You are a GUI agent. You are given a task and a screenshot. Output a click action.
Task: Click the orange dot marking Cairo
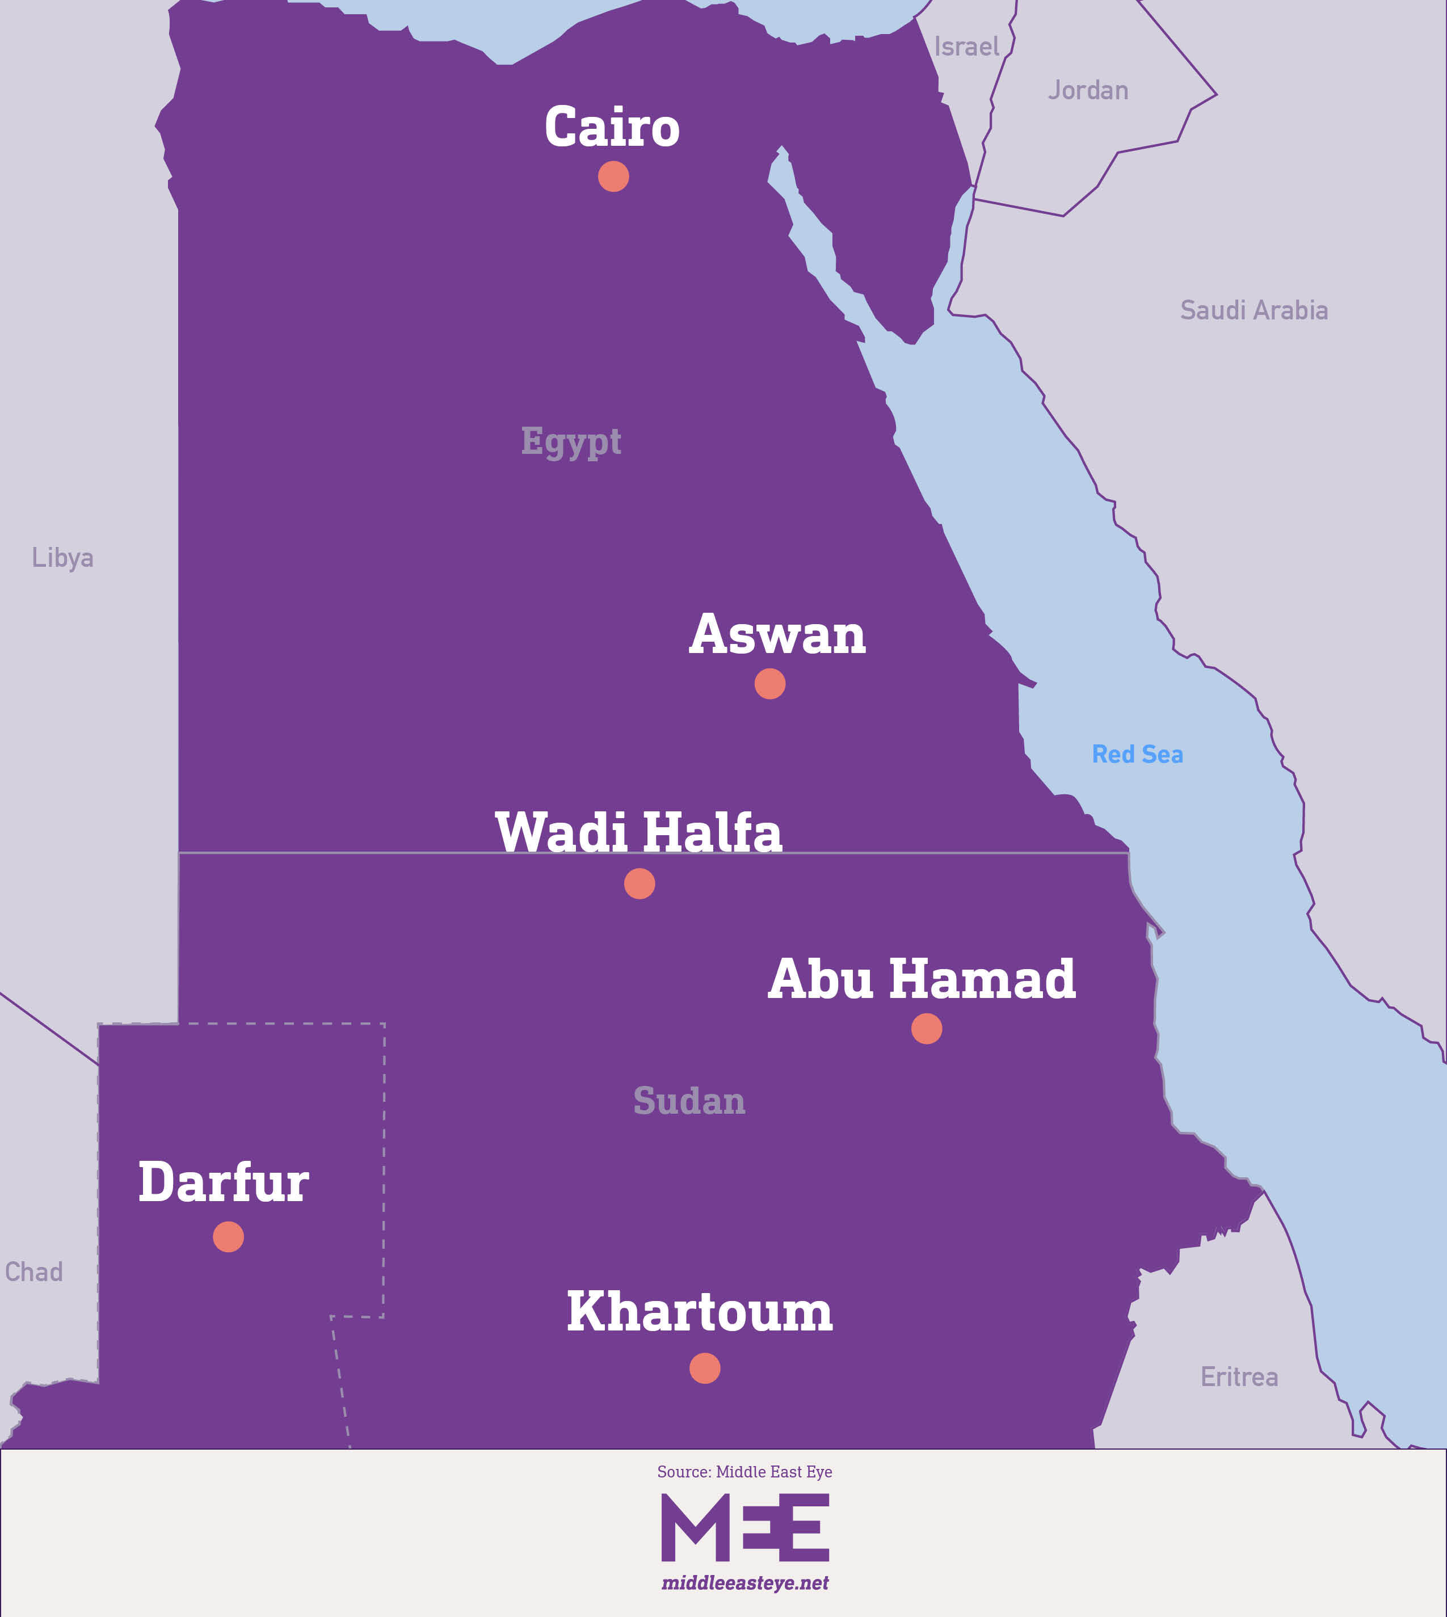point(613,176)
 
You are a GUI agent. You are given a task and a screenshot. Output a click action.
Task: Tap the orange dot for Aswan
point(769,684)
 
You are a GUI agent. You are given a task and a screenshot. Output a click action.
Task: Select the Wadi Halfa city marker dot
point(639,883)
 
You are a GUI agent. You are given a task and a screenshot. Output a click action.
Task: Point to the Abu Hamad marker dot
point(926,1029)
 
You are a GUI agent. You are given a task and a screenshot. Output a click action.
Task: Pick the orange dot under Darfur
point(228,1237)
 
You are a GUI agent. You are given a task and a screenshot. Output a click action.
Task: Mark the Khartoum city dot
point(704,1368)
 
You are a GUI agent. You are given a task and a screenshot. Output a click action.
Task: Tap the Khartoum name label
point(699,1312)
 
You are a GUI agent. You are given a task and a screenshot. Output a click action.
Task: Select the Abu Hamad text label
point(922,979)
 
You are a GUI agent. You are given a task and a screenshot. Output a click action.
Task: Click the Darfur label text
point(224,1182)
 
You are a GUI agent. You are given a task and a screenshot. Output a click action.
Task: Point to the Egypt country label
point(571,442)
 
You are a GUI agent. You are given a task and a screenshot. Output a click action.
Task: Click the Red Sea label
point(1137,753)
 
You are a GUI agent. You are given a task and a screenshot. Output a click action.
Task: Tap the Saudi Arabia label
point(1254,310)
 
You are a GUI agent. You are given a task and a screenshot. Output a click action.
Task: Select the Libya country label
point(63,558)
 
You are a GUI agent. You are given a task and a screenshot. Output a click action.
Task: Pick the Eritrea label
point(1239,1377)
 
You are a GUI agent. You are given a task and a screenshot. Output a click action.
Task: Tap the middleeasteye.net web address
point(745,1583)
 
